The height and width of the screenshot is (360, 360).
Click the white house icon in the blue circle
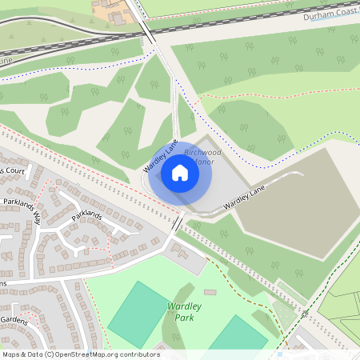tap(180, 172)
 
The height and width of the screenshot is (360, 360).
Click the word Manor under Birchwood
tap(203, 162)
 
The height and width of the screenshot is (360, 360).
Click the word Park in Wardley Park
tap(184, 317)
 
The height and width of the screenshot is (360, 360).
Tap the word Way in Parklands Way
tap(36, 216)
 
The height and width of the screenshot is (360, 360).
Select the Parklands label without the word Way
tap(87, 215)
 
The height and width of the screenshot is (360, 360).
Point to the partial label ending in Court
tap(14, 172)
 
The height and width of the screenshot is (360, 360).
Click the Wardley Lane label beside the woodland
tap(159, 158)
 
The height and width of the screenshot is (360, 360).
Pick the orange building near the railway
tap(107, 10)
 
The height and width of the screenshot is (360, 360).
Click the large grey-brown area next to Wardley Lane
tap(296, 200)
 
